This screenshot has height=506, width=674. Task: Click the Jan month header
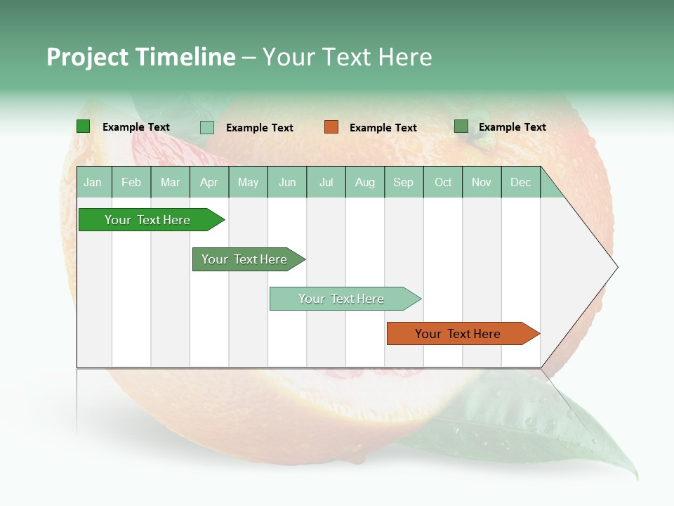pyautogui.click(x=93, y=182)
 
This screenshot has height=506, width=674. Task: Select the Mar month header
pyautogui.click(x=170, y=182)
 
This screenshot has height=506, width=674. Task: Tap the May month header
pyautogui.click(x=248, y=182)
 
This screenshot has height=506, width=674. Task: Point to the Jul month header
pyautogui.click(x=326, y=182)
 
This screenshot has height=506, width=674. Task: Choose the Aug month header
pyautogui.click(x=364, y=182)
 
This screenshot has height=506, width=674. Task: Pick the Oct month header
pyautogui.click(x=443, y=182)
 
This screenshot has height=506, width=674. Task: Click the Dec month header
pyautogui.click(x=520, y=182)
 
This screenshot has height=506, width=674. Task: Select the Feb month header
pyautogui.click(x=131, y=182)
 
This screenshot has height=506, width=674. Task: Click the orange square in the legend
pyautogui.click(x=331, y=127)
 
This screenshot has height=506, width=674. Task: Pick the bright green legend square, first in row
pyautogui.click(x=84, y=126)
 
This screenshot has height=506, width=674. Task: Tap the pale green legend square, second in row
pyautogui.click(x=207, y=127)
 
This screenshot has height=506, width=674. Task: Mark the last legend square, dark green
pyautogui.click(x=461, y=126)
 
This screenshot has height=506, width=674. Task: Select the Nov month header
pyautogui.click(x=482, y=182)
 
